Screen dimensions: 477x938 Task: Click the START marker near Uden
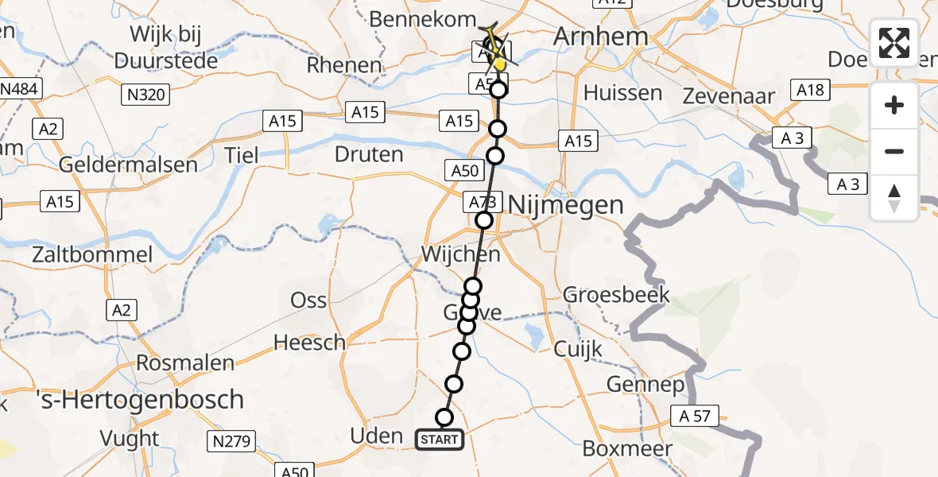[440, 439]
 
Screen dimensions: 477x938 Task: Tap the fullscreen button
[894, 44]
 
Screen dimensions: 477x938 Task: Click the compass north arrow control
[894, 197]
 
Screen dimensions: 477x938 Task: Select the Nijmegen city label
[565, 205]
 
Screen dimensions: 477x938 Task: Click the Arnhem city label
[589, 36]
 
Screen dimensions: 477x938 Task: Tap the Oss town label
[308, 300]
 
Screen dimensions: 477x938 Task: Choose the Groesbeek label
[616, 296]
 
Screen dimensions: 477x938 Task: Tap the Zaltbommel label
[92, 255]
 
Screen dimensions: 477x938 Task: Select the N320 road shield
[145, 95]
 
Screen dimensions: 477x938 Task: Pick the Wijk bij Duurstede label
[165, 48]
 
